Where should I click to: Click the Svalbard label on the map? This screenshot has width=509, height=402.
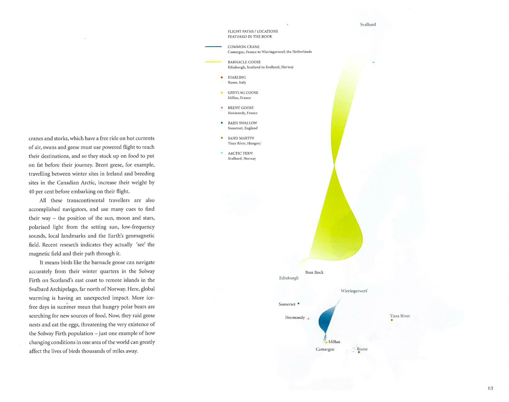pos(368,24)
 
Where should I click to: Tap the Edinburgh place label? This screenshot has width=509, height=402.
pos(289,278)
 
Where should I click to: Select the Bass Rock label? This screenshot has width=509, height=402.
pos(314,272)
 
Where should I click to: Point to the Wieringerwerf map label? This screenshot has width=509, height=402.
pos(354,291)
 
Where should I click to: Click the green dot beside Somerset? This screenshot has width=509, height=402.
pos(298,304)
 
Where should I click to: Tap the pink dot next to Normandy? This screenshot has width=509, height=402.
pos(308,318)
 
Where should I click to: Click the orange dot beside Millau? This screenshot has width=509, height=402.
pos(326,342)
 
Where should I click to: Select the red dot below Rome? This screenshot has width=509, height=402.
pos(359,353)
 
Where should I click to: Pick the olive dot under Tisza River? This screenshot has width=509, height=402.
pos(392,320)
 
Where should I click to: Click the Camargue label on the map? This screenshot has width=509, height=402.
pos(325,349)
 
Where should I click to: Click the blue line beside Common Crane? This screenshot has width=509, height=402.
pos(213,46)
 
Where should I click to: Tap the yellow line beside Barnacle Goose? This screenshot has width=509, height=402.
pos(213,62)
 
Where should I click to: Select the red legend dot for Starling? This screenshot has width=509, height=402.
pos(222,77)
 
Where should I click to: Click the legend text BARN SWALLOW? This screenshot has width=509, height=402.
pos(242,123)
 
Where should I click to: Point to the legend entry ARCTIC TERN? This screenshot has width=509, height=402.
pos(240,153)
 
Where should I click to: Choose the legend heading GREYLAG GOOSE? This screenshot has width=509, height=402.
pos(243,93)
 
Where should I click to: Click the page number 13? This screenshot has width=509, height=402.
pos(490,388)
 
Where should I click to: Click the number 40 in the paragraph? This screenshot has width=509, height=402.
pos(32,192)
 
